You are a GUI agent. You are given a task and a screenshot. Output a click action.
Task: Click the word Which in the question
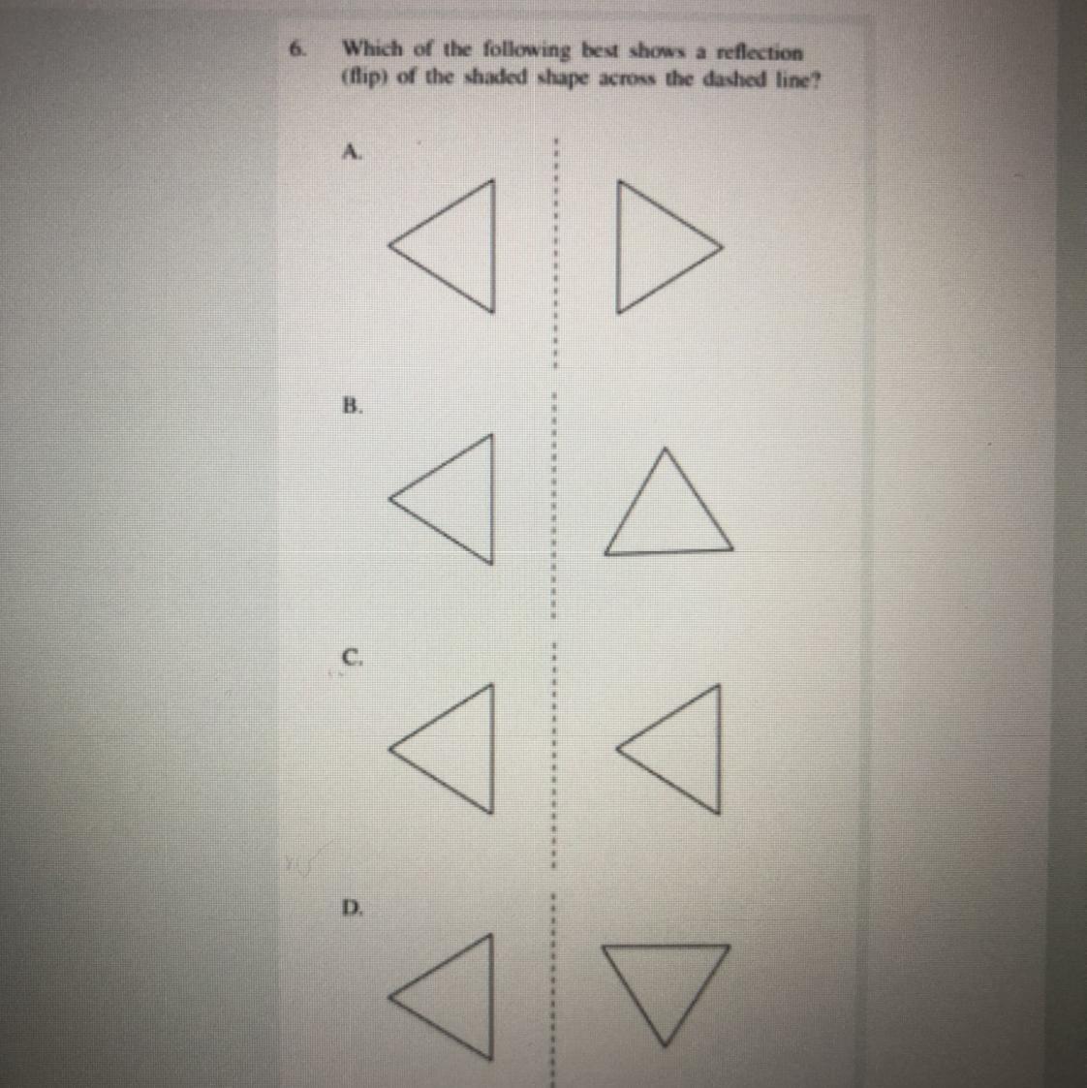(373, 48)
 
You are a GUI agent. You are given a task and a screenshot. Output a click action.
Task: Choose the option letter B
(353, 405)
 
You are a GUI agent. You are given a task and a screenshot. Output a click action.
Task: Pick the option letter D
(353, 907)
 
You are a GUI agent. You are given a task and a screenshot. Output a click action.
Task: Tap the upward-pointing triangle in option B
(668, 551)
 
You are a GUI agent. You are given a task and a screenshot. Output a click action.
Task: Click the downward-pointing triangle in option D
(666, 948)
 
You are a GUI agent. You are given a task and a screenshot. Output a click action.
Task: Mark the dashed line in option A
(555, 253)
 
